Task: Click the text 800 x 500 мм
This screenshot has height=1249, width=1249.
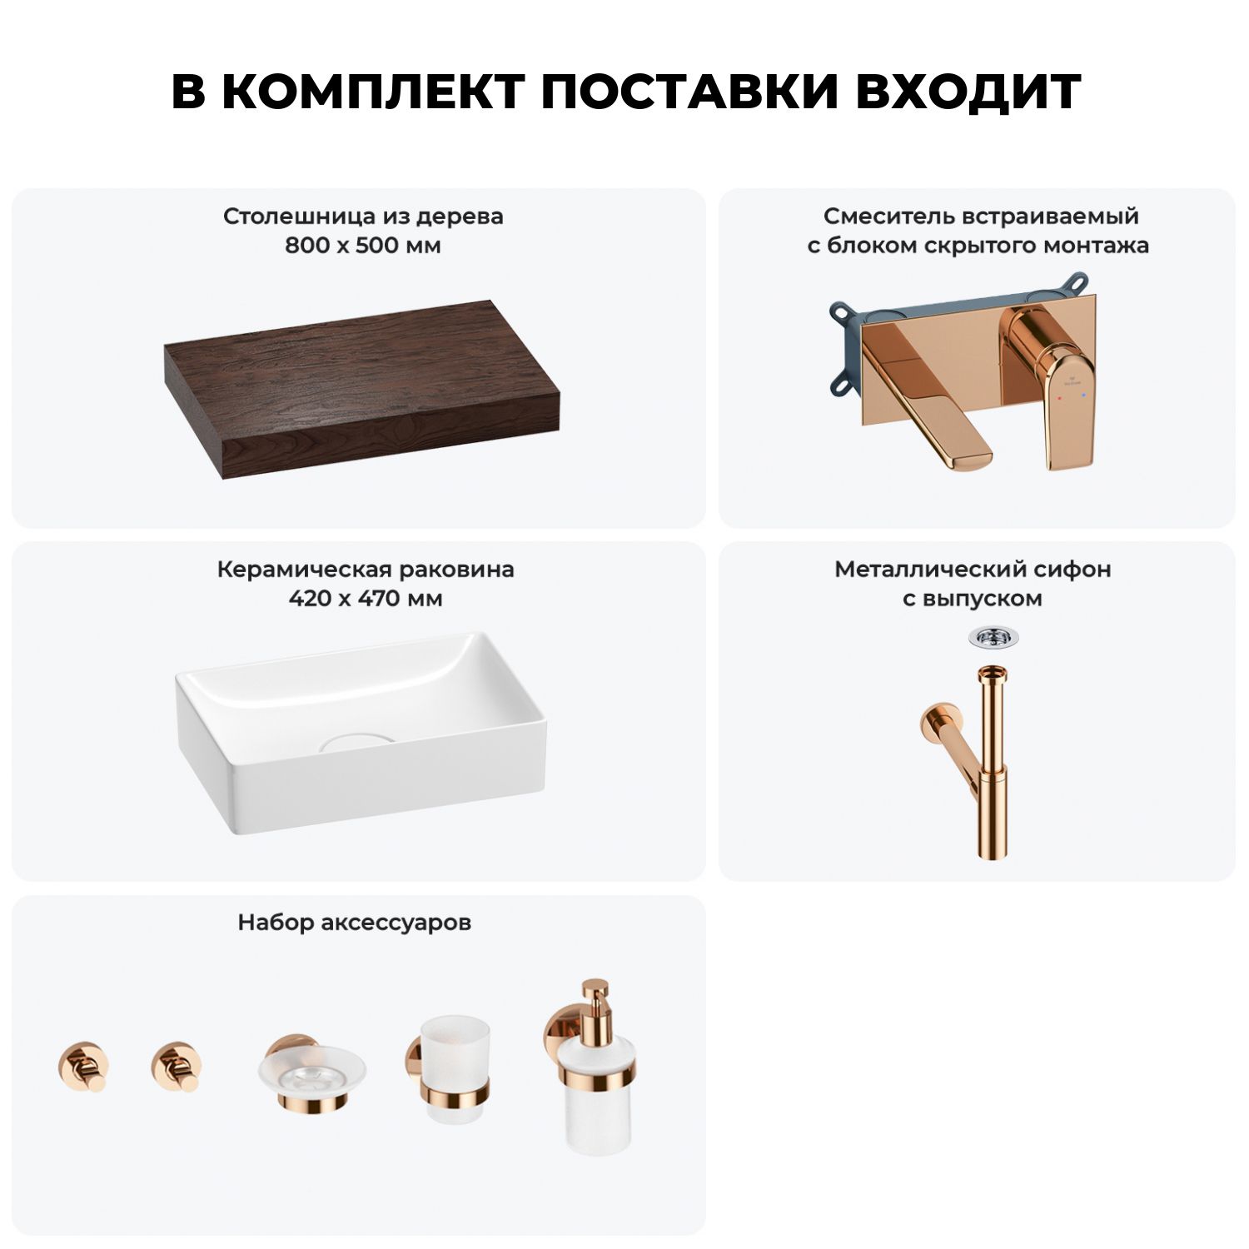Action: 363,246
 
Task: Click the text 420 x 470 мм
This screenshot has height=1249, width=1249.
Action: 366,599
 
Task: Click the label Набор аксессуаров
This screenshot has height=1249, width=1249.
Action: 355,923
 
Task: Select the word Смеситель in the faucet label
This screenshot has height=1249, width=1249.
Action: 888,216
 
